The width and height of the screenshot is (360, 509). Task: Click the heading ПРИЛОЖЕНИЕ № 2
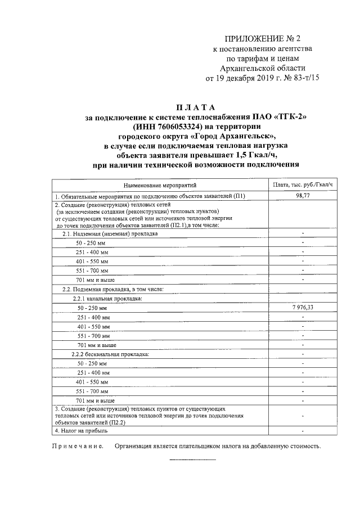[x=263, y=39]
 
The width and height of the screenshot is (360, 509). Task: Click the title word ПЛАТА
[x=195, y=107]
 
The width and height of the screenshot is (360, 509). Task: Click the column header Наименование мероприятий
[x=158, y=184]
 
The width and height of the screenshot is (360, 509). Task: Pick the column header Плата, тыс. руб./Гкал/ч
[x=303, y=184]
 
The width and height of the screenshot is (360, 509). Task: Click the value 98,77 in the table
[x=303, y=195]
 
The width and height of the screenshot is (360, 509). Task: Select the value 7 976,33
[x=303, y=308]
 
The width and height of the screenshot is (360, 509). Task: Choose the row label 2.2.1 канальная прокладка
[x=107, y=298]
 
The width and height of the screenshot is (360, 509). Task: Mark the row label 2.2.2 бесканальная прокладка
[x=110, y=354]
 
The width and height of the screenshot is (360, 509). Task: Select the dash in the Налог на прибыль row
[x=303, y=430]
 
